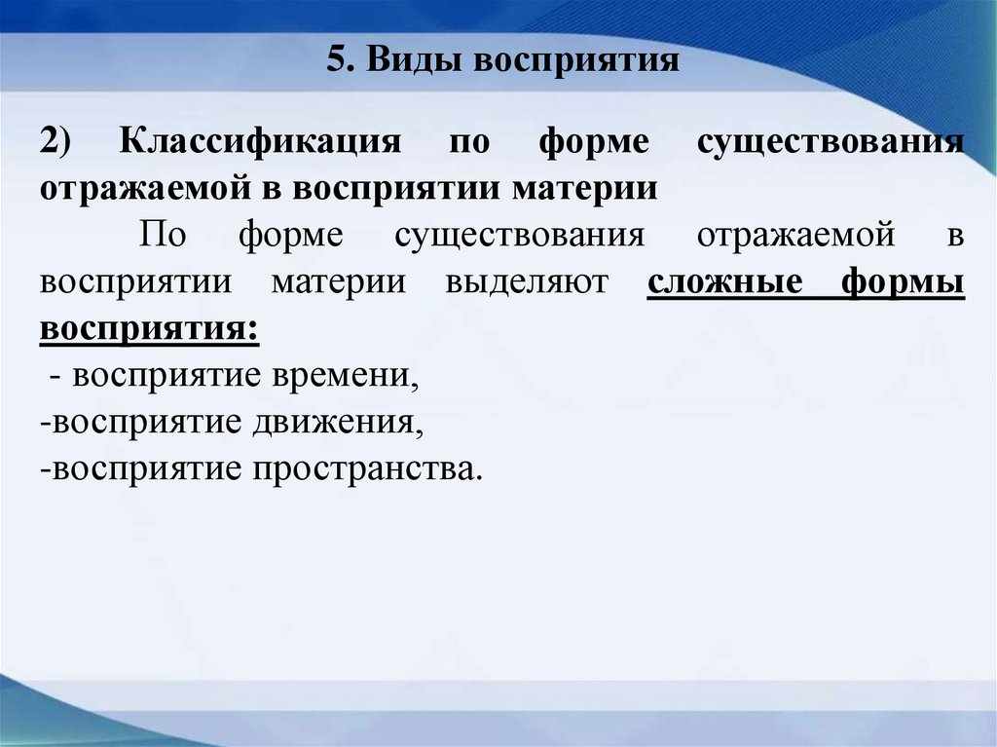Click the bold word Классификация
click(261, 141)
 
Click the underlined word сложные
click(725, 282)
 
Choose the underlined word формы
click(903, 282)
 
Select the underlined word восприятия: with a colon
click(150, 329)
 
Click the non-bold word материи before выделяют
click(339, 282)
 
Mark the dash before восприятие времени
click(55, 376)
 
